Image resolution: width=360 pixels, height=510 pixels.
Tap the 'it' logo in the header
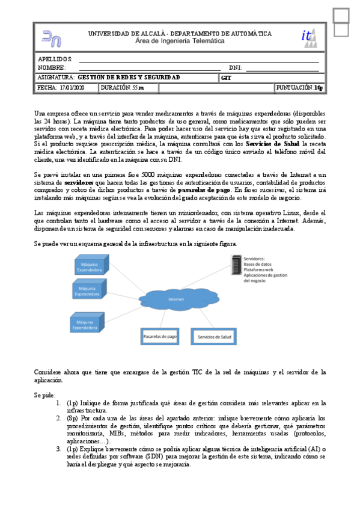tap(307, 37)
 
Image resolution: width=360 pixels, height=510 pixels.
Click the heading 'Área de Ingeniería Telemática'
tap(180, 41)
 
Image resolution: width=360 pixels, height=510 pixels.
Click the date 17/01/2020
tap(72, 88)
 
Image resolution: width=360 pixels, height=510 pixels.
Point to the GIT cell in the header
tap(227, 78)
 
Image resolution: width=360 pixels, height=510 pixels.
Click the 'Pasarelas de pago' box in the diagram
tap(160, 337)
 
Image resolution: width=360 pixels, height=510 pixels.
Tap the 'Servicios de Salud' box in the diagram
tap(215, 337)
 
